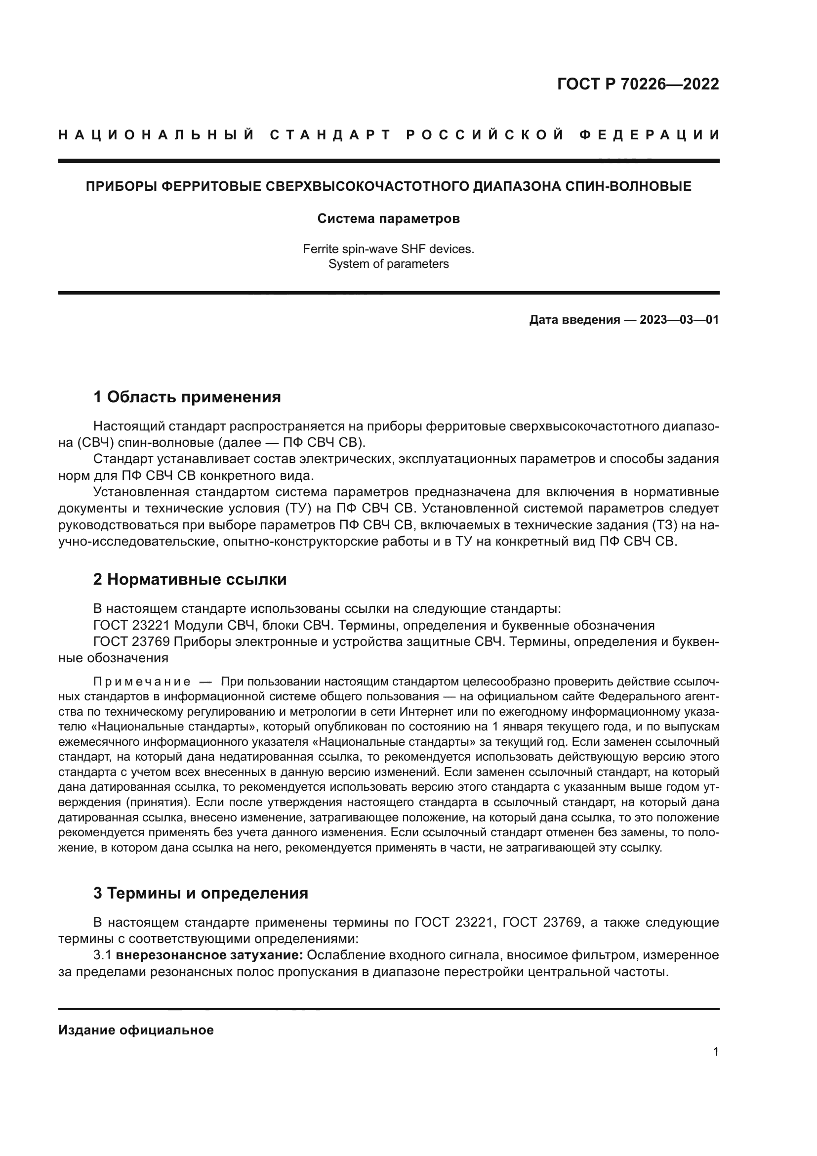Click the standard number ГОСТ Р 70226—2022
638,84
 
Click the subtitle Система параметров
388,218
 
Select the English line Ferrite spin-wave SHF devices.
388,249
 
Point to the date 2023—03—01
679,320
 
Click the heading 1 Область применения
187,397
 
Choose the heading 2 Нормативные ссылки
190,580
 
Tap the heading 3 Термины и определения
201,893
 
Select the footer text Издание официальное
136,1030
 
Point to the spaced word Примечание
142,682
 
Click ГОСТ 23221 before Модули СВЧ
132,625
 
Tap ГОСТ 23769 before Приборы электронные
132,642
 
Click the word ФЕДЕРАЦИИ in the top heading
650,135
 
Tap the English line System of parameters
388,264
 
